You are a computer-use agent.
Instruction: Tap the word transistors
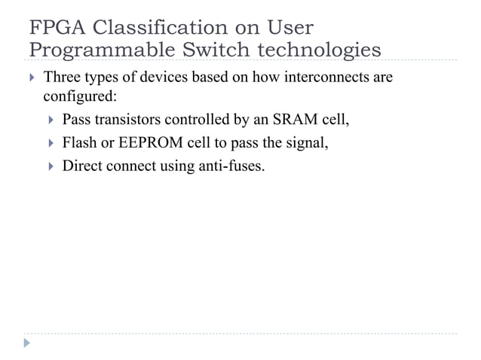[x=127, y=119]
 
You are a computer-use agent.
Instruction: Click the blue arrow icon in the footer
[x=28, y=343]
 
